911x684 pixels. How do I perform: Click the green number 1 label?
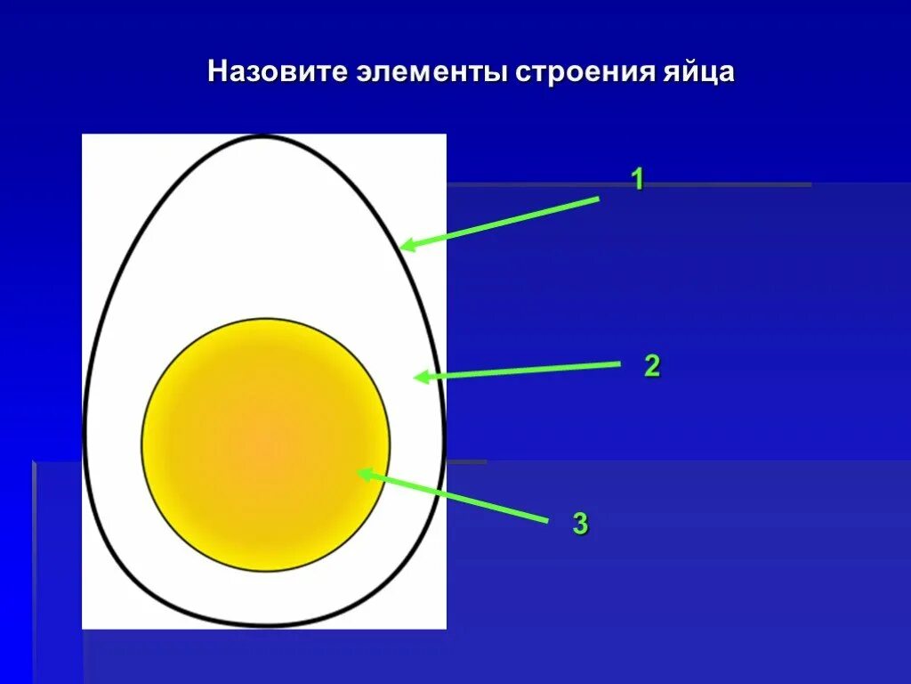coord(637,180)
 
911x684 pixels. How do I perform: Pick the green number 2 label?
coord(652,366)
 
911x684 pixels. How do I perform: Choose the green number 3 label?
coord(580,524)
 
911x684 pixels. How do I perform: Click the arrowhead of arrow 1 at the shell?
coord(404,246)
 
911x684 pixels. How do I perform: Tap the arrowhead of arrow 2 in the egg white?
coord(419,377)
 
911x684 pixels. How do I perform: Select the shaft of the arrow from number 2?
coord(525,370)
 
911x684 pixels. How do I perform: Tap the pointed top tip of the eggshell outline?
coord(262,137)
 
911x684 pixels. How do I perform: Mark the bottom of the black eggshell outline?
coord(264,625)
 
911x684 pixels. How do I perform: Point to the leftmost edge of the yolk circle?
coord(143,444)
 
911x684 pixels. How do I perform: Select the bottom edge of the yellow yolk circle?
coord(266,569)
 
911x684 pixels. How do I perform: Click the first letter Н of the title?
coord(216,72)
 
